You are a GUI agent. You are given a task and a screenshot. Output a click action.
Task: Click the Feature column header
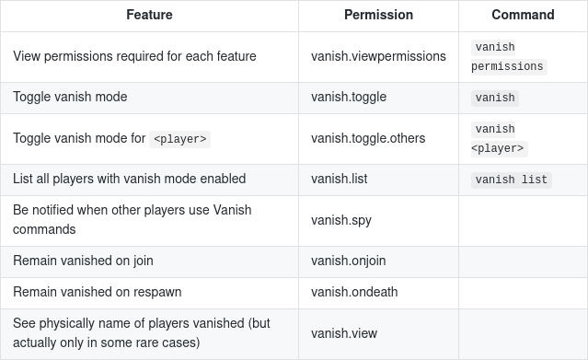point(149,15)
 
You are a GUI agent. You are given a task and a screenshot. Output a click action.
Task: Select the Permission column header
point(378,15)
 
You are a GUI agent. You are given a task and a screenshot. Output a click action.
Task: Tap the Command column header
point(523,15)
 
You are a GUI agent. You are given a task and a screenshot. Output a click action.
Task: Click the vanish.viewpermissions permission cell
point(378,56)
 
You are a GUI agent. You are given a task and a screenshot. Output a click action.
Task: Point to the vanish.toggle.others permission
point(368,138)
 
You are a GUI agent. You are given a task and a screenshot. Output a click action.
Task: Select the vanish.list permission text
point(339,179)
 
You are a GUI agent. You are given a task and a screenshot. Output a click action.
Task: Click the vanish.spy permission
point(340,220)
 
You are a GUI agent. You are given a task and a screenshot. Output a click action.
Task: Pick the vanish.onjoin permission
point(348,261)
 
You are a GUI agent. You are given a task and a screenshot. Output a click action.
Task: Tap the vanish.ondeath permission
point(354,292)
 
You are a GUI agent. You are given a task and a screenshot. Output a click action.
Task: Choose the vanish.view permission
point(344,333)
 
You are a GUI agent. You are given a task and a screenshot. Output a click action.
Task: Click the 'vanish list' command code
point(511,180)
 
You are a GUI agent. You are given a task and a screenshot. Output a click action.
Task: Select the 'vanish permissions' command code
point(509,57)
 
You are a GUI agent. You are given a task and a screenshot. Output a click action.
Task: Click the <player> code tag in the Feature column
point(179,139)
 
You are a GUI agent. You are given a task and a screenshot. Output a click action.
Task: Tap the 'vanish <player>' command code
point(499,138)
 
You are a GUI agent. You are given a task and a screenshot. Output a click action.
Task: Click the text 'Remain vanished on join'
point(83,261)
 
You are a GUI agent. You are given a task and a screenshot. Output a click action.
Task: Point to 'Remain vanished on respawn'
point(98,292)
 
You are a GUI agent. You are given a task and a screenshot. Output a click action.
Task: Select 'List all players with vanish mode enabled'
point(130,179)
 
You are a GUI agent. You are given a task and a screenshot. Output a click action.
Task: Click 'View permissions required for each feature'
point(134,56)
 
